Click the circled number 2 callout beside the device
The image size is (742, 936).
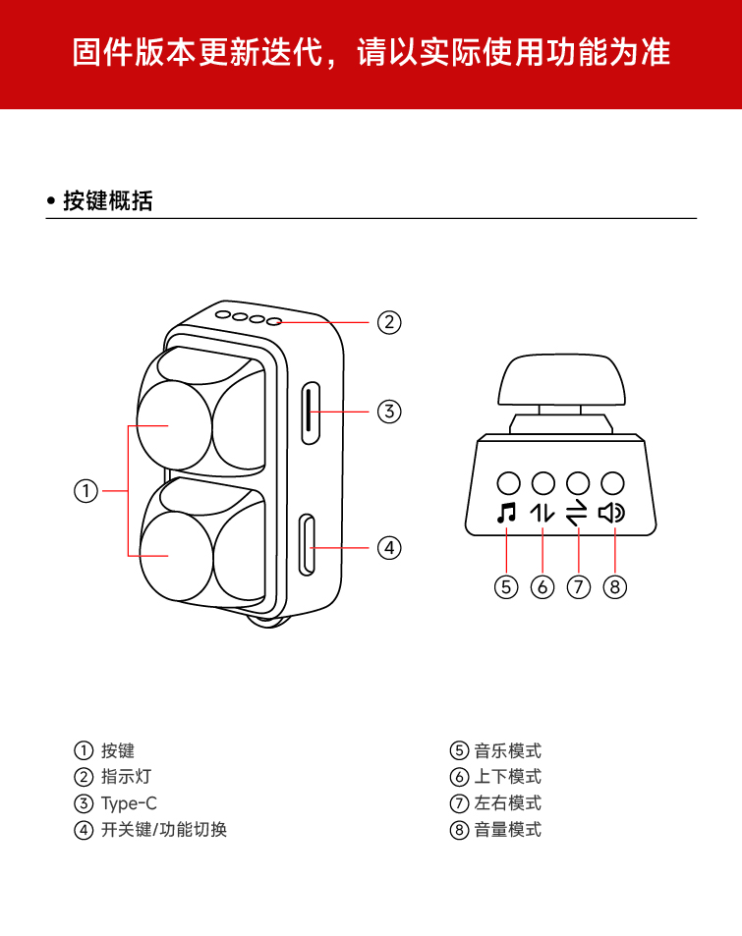[389, 322]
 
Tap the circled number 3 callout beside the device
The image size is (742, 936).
[389, 412]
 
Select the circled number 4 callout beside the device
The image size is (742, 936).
[389, 547]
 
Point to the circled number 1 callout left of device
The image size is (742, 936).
[86, 491]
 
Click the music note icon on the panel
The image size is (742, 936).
[506, 512]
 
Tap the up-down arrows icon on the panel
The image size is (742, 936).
[542, 512]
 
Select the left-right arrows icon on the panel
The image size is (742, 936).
[577, 512]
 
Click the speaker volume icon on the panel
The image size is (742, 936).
[612, 512]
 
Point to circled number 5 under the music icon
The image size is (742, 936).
[506, 586]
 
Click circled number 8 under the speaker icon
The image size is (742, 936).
[615, 586]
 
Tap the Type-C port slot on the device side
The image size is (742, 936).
[312, 412]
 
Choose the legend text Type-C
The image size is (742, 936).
[129, 803]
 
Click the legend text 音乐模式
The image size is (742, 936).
[507, 751]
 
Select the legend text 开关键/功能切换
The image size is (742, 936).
[163, 830]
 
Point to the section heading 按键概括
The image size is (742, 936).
[107, 201]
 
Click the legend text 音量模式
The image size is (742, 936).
[507, 830]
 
